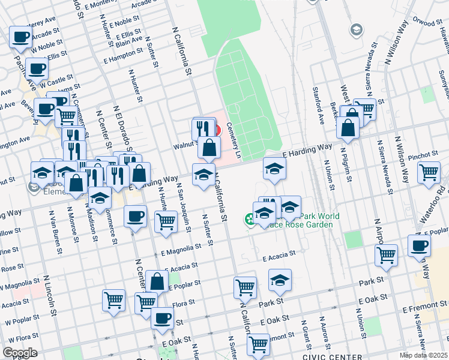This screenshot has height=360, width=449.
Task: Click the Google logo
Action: coord(20,353)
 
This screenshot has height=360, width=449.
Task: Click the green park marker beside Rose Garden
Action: coord(249,220)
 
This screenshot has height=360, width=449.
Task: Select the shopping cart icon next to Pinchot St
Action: coord(429,172)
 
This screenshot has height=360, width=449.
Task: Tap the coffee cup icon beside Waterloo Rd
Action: coord(419,245)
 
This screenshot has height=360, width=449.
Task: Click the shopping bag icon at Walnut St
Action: coord(209,147)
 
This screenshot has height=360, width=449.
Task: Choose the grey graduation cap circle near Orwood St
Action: coord(356,29)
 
